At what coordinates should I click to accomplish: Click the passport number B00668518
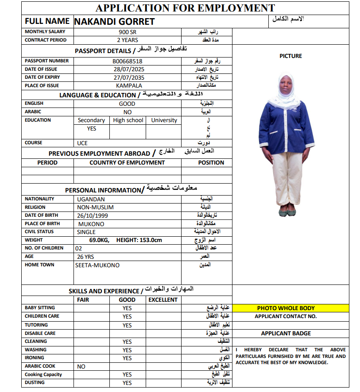pos(128,61)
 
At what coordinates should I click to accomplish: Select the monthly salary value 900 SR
pos(128,32)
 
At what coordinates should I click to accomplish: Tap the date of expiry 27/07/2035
pos(129,77)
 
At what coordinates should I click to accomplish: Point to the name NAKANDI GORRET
pos(114,21)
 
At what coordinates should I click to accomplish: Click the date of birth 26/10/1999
pos(93,215)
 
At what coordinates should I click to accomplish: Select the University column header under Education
pos(164,120)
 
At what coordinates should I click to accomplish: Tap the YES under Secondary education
pos(92,129)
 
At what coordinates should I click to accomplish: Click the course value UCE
pos(82,143)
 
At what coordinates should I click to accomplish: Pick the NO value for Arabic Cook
pos(81,367)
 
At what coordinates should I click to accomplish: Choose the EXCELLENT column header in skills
pos(163,300)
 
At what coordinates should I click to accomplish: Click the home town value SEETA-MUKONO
pos(97,265)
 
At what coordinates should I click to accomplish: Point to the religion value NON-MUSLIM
pos(95,207)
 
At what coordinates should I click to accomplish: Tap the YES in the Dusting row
pos(127,383)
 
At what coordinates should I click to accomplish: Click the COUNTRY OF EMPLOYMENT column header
pos(127,162)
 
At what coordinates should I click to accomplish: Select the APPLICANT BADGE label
pos(286,333)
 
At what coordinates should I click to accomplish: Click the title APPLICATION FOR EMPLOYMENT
pos(185,8)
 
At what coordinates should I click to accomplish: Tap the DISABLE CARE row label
pos(40,333)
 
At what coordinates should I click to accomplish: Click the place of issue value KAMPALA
pos(129,86)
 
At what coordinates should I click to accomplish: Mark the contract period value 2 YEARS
pos(128,40)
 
